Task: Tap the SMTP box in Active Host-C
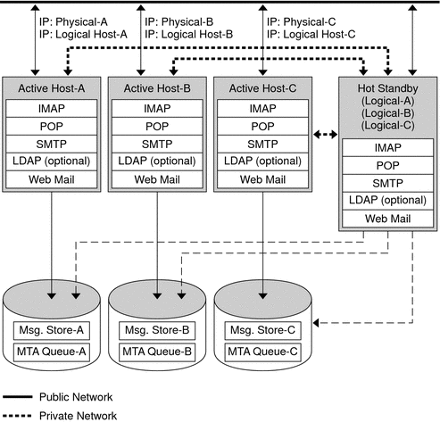click(262, 143)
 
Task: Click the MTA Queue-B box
click(157, 351)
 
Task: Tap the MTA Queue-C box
click(262, 351)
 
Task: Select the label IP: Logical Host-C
click(311, 33)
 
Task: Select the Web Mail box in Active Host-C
click(262, 178)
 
